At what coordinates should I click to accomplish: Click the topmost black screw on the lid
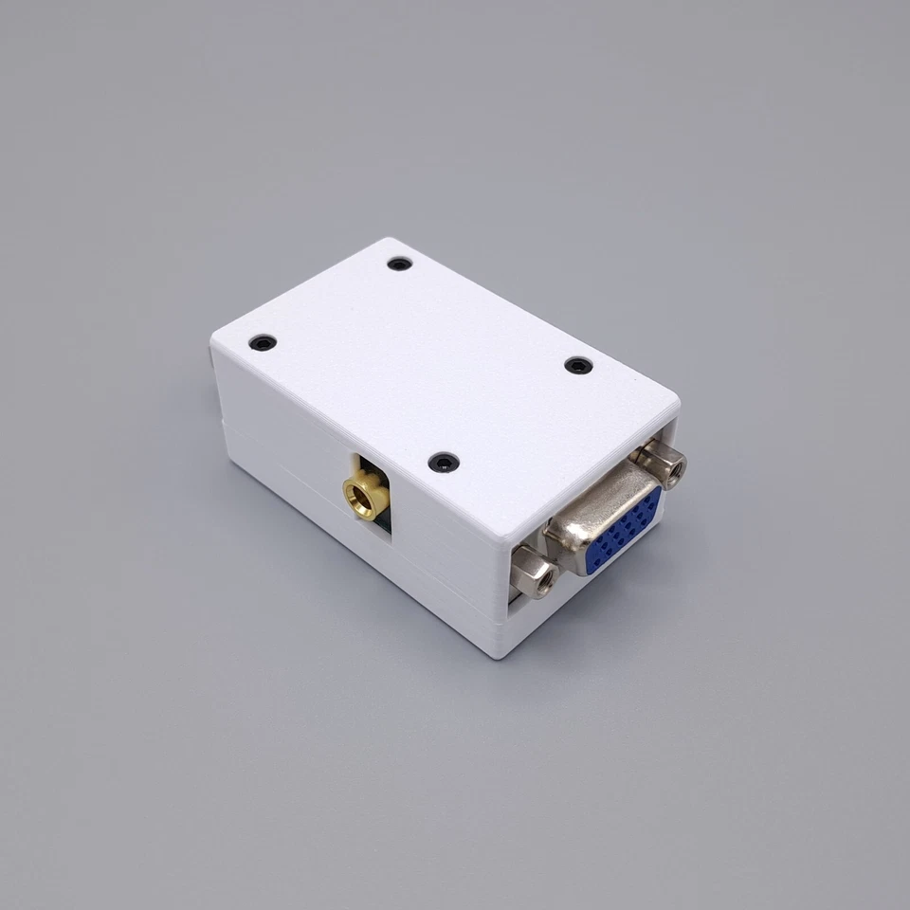coord(400,264)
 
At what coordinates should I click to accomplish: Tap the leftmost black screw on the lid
coord(263,342)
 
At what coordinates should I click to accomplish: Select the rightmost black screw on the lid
coord(577,366)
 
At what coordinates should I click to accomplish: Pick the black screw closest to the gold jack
coord(443,463)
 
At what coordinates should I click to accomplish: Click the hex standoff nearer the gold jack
coord(532,573)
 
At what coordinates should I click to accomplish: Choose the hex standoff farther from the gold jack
coord(662,463)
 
